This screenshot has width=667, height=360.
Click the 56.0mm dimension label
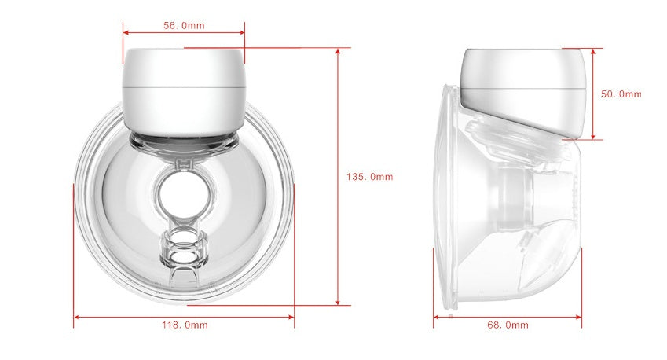(184, 25)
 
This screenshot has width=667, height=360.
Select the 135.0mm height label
(369, 177)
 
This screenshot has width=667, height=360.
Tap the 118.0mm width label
(184, 325)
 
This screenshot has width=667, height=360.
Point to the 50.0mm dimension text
(621, 94)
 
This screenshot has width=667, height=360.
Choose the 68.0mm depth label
(508, 325)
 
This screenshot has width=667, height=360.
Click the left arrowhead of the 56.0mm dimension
(126, 33)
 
